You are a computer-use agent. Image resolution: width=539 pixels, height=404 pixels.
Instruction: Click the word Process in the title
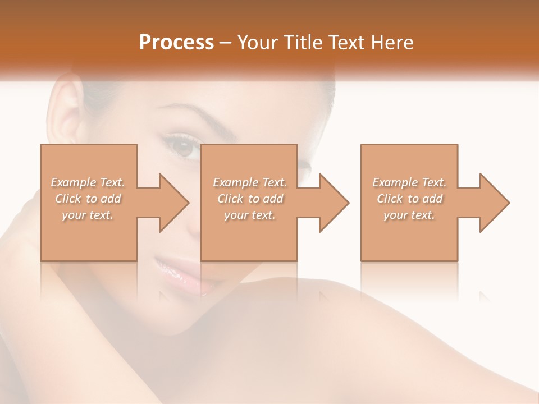click(176, 43)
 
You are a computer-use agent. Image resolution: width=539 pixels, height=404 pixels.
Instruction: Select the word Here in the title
click(392, 43)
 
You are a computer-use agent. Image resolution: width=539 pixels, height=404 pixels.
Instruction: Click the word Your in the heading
click(257, 43)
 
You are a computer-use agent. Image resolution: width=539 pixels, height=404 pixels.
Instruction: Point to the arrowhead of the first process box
click(174, 203)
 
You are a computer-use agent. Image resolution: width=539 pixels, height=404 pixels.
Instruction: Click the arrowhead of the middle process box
click(334, 203)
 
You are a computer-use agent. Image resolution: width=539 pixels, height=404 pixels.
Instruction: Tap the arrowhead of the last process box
click(495, 203)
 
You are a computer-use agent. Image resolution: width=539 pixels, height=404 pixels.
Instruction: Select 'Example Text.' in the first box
click(88, 182)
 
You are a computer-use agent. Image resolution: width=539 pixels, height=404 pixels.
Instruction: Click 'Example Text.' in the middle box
click(250, 182)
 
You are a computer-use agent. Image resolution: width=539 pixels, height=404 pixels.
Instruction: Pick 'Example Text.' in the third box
click(409, 182)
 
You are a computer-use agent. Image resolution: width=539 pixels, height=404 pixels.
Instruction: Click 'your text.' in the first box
click(88, 215)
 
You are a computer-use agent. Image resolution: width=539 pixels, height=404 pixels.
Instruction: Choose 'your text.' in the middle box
click(250, 215)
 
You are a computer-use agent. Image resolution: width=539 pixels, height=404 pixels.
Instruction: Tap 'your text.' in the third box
click(409, 215)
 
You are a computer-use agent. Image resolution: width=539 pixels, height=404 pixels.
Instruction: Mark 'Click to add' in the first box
click(88, 199)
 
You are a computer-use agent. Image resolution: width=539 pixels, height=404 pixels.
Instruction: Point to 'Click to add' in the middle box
click(250, 199)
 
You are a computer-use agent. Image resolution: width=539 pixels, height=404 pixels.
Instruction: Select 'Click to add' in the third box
click(409, 199)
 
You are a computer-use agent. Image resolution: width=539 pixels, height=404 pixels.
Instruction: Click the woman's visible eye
click(183, 148)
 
